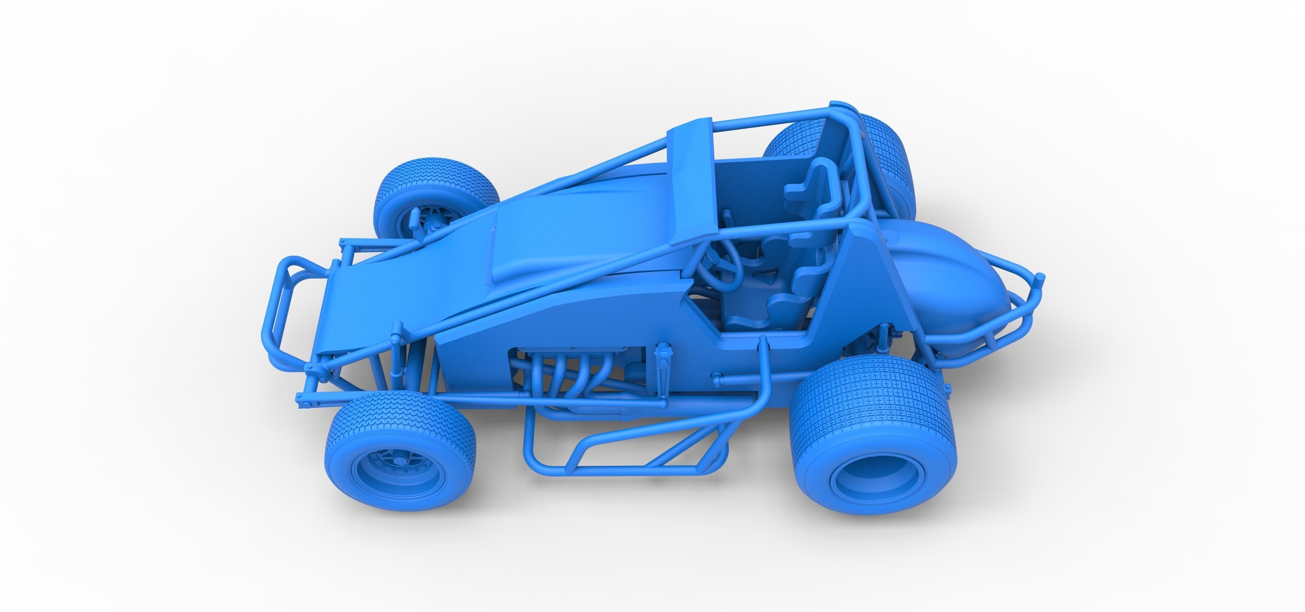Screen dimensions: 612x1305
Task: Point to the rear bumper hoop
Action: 1018,309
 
